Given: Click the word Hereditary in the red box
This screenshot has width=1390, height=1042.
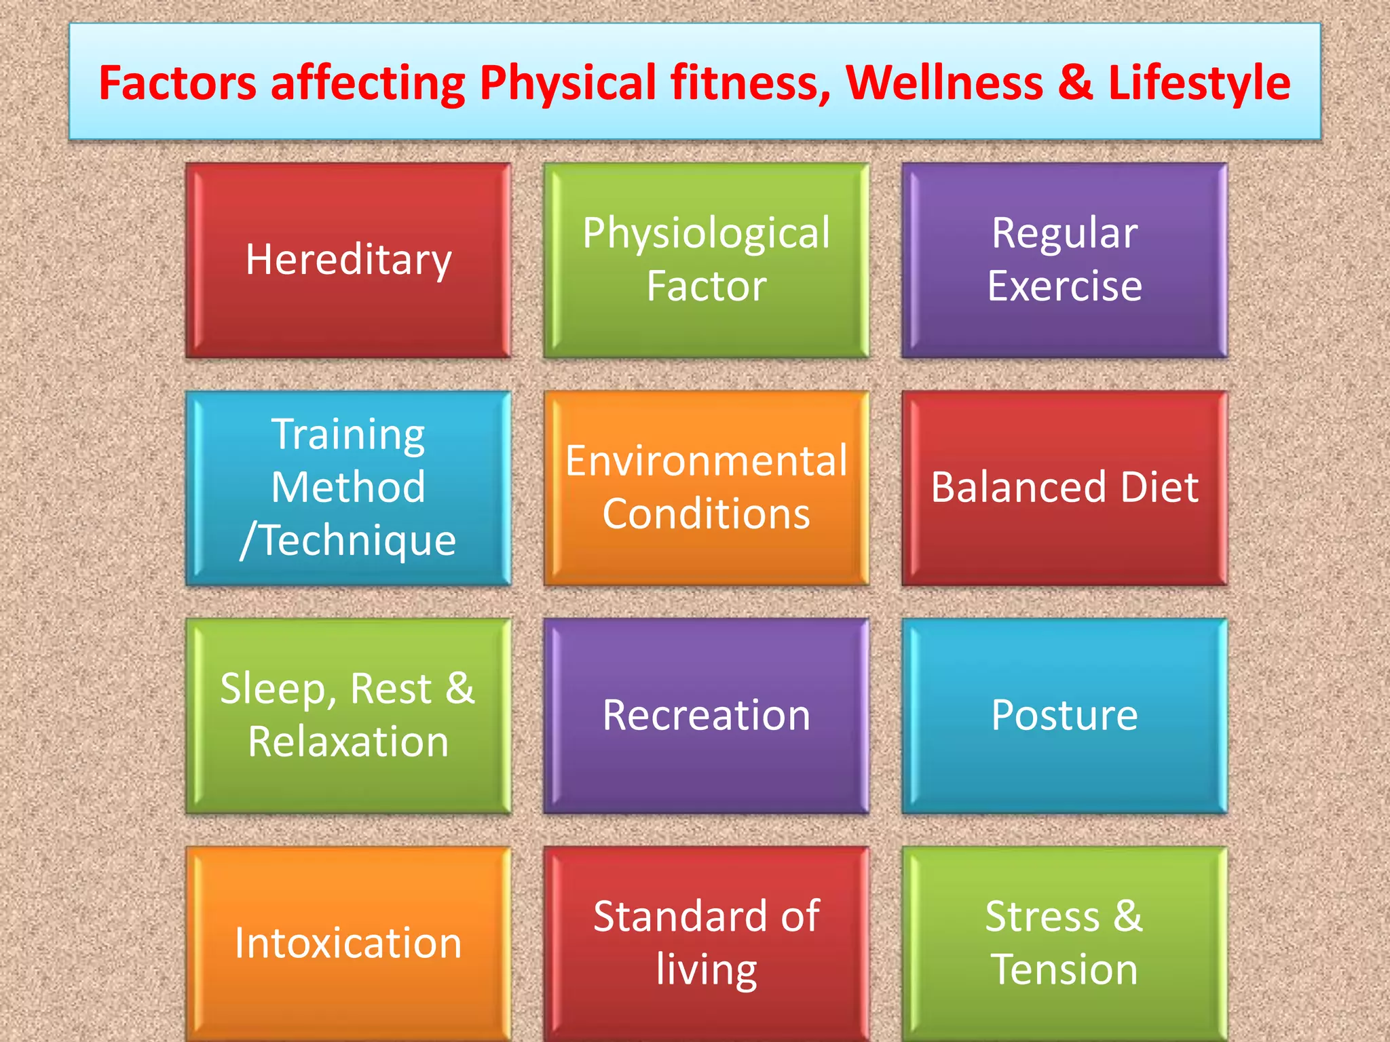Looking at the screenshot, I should pyautogui.click(x=348, y=260).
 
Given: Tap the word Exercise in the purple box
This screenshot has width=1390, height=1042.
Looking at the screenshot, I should pyautogui.click(x=1064, y=286).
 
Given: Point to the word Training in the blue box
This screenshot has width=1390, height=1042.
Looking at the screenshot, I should pyautogui.click(x=348, y=435).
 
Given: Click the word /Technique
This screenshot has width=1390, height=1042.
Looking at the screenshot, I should pyautogui.click(x=348, y=541).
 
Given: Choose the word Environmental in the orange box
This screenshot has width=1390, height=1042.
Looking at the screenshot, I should pyautogui.click(x=706, y=461).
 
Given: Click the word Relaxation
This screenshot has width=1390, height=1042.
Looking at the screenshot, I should pyautogui.click(x=348, y=741).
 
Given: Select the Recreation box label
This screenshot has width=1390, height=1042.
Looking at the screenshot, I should pyautogui.click(x=706, y=715).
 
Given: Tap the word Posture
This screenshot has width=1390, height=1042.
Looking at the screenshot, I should pyautogui.click(x=1064, y=715).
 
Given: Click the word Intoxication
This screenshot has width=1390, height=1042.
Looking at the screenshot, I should pyautogui.click(x=348, y=943).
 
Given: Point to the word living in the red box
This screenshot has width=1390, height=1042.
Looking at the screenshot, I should pyautogui.click(x=706, y=970).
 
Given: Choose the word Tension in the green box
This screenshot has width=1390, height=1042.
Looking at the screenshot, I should pyautogui.click(x=1064, y=969).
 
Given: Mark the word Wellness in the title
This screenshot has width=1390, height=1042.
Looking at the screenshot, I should pyautogui.click(x=944, y=83).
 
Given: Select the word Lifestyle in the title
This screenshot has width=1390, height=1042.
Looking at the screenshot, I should pyautogui.click(x=1199, y=83).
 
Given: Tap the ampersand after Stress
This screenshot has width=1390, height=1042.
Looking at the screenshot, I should pyautogui.click(x=1128, y=916).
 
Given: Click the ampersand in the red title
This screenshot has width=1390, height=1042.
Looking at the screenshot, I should pyautogui.click(x=1075, y=83).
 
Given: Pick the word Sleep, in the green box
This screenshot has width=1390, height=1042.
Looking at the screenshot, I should pyautogui.click(x=278, y=690).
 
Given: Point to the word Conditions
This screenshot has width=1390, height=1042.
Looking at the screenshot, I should pyautogui.click(x=706, y=514).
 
